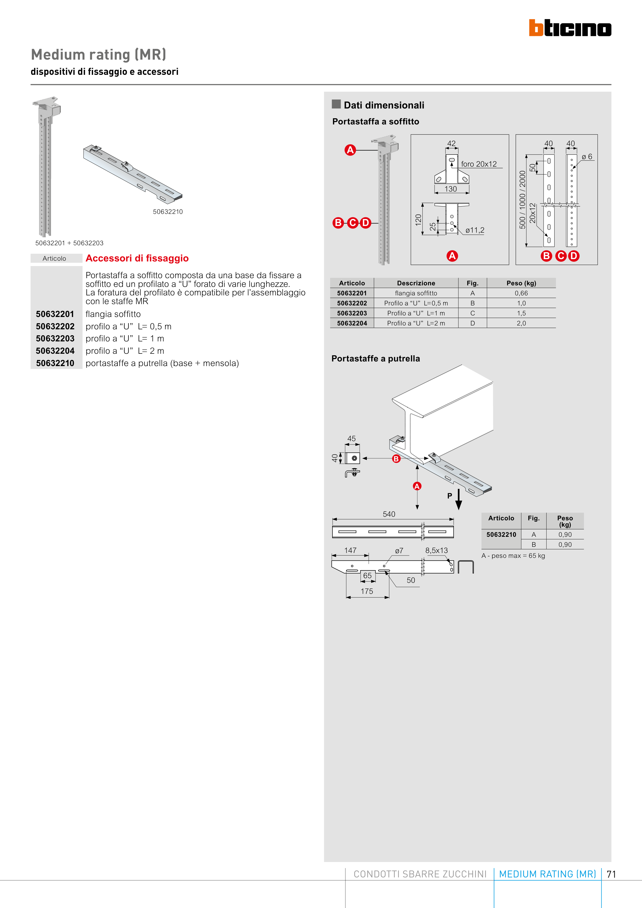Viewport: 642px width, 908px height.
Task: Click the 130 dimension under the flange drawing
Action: [450, 189]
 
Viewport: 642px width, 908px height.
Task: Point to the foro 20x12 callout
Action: [479, 164]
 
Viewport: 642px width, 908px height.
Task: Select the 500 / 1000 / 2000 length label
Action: [522, 200]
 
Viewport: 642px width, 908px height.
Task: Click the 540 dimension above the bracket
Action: [389, 514]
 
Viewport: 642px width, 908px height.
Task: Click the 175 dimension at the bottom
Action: [367, 591]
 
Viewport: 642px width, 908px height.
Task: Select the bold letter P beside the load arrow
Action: [449, 496]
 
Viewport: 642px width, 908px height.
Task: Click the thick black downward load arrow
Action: [458, 500]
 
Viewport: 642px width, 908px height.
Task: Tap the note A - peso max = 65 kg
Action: [513, 556]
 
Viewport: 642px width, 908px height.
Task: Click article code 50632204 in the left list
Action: [55, 351]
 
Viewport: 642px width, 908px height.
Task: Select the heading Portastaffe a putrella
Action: [375, 359]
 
